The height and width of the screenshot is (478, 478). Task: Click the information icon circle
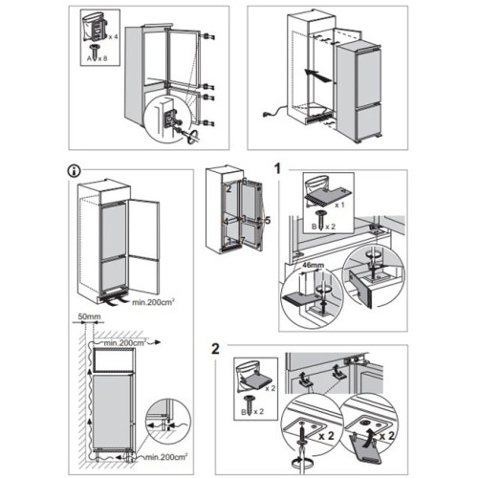pyautogui.click(x=75, y=171)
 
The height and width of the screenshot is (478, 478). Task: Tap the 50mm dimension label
pyautogui.click(x=89, y=316)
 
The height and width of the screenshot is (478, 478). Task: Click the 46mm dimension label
pyautogui.click(x=313, y=265)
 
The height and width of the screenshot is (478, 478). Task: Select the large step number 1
pyautogui.click(x=277, y=168)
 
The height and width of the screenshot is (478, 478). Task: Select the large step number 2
pyautogui.click(x=216, y=349)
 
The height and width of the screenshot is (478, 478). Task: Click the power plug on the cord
pyautogui.click(x=266, y=114)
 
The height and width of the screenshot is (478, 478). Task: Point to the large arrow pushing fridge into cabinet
pyautogui.click(x=319, y=76)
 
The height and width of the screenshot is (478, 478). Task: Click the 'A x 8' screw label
pyautogui.click(x=98, y=58)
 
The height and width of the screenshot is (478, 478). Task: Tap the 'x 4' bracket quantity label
pyautogui.click(x=113, y=37)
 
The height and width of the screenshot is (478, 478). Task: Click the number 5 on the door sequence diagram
pyautogui.click(x=268, y=220)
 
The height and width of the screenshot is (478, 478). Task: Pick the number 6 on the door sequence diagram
pyautogui.click(x=245, y=181)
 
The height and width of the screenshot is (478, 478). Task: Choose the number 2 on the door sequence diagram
pyautogui.click(x=228, y=189)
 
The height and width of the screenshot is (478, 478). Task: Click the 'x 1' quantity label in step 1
pyautogui.click(x=339, y=205)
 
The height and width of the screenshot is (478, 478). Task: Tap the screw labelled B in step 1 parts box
pyautogui.click(x=319, y=220)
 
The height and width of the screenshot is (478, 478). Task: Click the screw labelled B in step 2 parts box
pyautogui.click(x=248, y=405)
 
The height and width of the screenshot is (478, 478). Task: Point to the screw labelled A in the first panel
pyautogui.click(x=95, y=51)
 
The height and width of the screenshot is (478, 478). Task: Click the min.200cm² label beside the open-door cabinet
pyautogui.click(x=153, y=302)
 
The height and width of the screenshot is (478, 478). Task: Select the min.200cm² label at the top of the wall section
pyautogui.click(x=125, y=343)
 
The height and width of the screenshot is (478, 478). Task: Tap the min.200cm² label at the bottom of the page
pyautogui.click(x=166, y=457)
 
